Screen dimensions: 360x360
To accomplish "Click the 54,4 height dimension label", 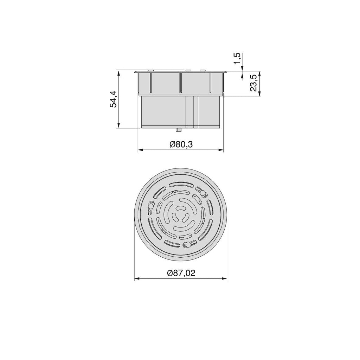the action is tap(114, 99).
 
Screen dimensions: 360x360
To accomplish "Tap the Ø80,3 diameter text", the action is tap(181, 144).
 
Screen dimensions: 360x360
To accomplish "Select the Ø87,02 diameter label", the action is tap(181, 273).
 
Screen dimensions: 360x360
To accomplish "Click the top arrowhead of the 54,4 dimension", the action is tap(118, 73).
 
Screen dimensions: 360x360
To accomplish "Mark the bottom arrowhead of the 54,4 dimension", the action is tap(118, 125).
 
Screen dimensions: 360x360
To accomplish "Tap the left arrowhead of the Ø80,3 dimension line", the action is tap(141, 150).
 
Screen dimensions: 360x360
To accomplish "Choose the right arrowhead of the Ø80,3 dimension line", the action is tap(221, 150).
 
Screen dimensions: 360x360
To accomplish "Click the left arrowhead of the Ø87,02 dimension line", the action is tap(137, 279).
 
